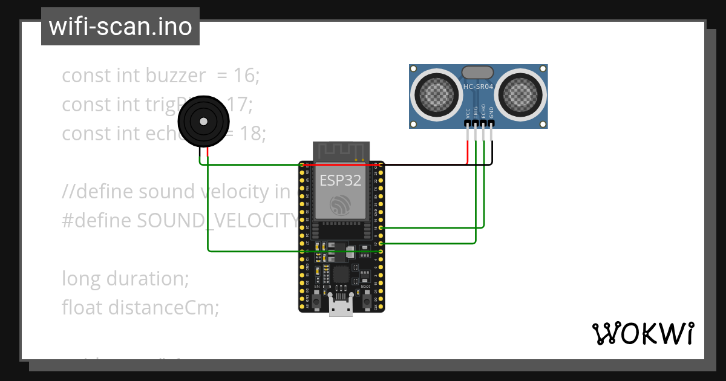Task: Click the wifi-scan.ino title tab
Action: point(120,27)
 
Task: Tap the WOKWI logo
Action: point(642,334)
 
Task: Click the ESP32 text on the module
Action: point(340,180)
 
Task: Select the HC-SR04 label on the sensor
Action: point(478,86)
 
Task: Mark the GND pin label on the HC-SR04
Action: point(491,112)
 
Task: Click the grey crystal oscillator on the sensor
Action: point(478,73)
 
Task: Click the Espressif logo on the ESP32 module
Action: point(341,205)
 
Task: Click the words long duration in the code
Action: point(125,279)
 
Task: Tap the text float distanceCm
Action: point(140,308)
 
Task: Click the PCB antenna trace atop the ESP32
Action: point(341,151)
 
